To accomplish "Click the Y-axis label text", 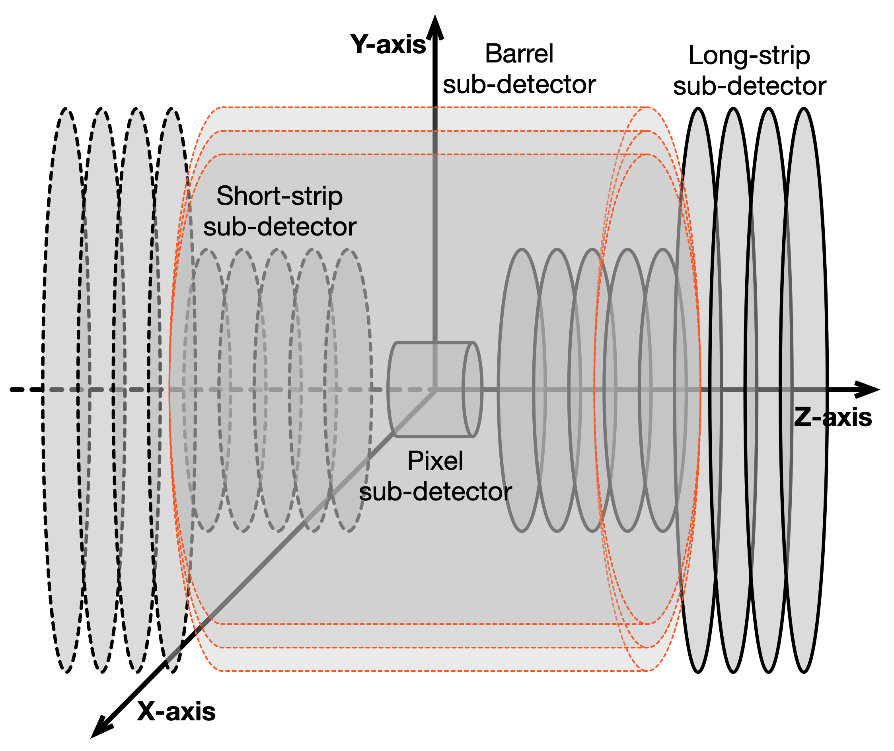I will [388, 44].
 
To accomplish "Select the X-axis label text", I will [176, 711].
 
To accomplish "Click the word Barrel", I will [519, 54].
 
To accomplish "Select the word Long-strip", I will [749, 55].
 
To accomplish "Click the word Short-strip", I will [279, 196].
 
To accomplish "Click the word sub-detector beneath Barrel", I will [519, 84].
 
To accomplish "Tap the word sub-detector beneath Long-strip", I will [749, 86].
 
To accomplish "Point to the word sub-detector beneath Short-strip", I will [279, 227].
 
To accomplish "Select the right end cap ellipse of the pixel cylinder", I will [473, 389].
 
